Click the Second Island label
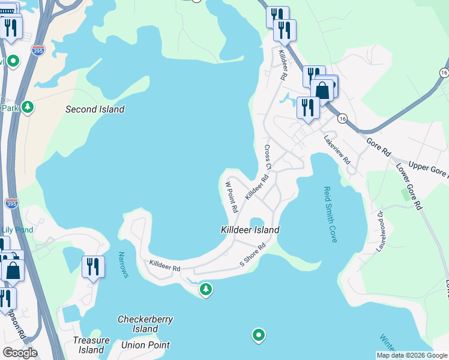tap(95, 109)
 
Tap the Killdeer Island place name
tap(250, 230)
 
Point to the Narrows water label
tap(123, 265)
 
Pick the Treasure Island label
tap(91, 345)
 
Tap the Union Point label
tap(145, 345)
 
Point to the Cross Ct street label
tap(268, 158)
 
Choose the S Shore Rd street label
tap(253, 256)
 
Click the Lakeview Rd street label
tap(337, 149)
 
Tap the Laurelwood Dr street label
tap(381, 231)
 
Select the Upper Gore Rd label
tap(428, 170)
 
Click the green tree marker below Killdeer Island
tap(206, 290)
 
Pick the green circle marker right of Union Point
tap(259, 335)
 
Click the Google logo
tap(20, 353)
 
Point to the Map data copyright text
tap(412, 355)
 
